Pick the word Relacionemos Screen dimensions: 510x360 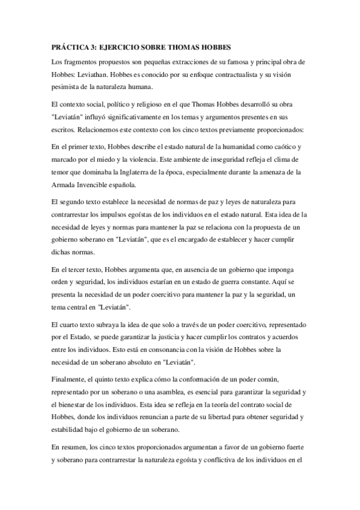coord(92,129)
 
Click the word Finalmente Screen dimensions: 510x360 coord(72,380)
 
